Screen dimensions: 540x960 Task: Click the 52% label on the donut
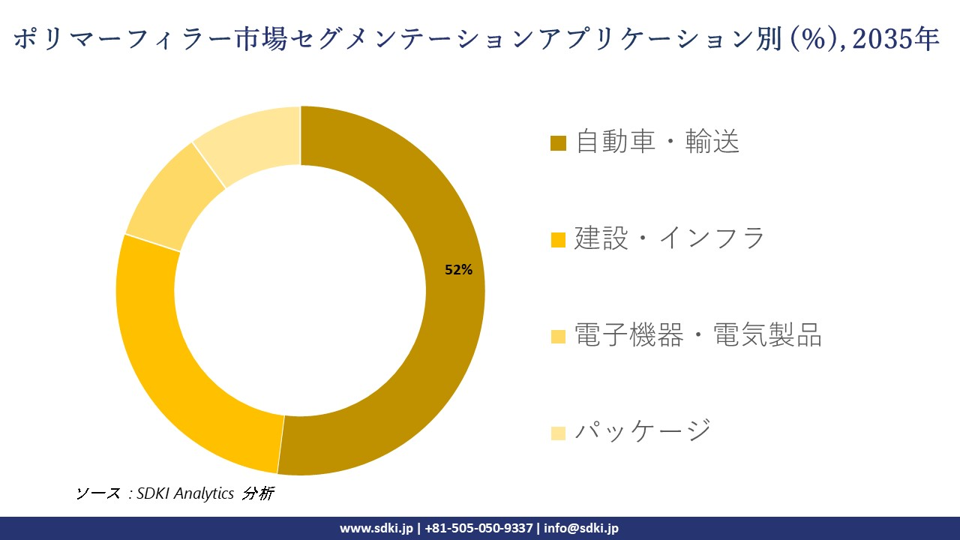(x=458, y=271)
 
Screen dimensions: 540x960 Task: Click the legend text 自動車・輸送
(x=658, y=142)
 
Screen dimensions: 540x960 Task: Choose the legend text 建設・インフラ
(x=670, y=238)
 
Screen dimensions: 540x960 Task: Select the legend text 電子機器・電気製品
(x=698, y=335)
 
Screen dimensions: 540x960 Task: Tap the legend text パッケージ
(x=643, y=431)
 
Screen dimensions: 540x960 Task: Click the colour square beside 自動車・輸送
(x=558, y=143)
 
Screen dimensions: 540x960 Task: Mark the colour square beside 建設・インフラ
(x=558, y=240)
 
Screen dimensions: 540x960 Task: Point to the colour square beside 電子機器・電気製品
(x=558, y=337)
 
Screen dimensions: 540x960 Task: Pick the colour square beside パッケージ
(x=558, y=433)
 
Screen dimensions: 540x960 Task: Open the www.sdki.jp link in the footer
(x=376, y=528)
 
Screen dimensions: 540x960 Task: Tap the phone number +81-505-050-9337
(x=479, y=528)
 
